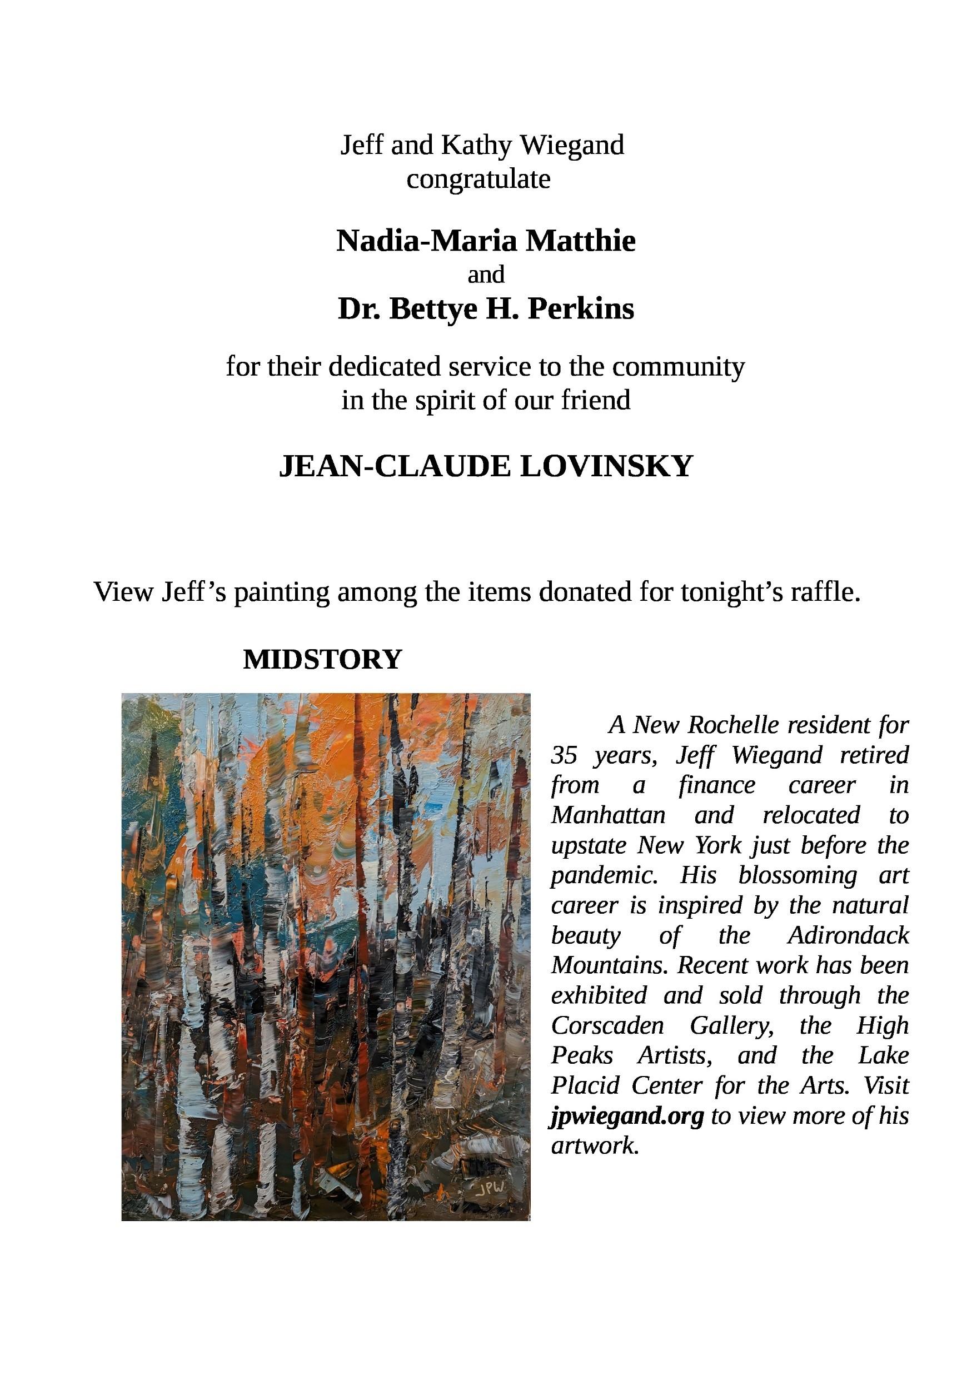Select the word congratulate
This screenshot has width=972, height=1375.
(478, 179)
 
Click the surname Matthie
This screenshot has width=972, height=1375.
(580, 241)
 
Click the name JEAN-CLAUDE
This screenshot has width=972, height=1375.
(395, 466)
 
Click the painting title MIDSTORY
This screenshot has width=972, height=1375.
(322, 659)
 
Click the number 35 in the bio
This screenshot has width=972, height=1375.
(564, 756)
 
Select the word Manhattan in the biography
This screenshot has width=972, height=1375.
(608, 816)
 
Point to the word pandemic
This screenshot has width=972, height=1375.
(604, 875)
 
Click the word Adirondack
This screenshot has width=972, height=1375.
(848, 935)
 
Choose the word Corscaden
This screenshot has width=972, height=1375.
(607, 1026)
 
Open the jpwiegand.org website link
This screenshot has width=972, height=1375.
(627, 1115)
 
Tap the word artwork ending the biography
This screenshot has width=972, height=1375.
(592, 1145)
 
